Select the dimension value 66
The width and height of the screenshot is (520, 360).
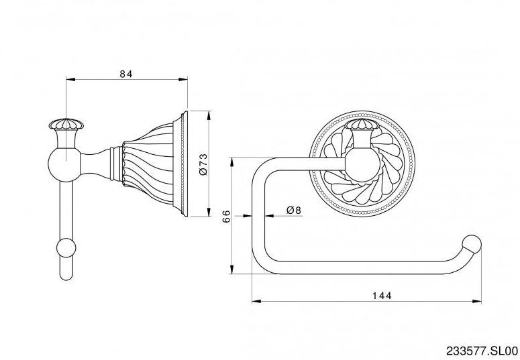point(226,216)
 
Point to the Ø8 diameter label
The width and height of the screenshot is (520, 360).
point(294,211)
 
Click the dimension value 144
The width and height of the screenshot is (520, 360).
point(380,295)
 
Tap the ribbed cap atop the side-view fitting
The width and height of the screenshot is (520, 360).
point(64,125)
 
